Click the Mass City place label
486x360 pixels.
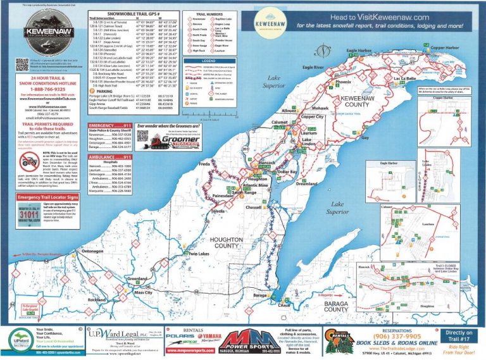(x=143, y=294)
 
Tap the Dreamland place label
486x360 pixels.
(x=309, y=184)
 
